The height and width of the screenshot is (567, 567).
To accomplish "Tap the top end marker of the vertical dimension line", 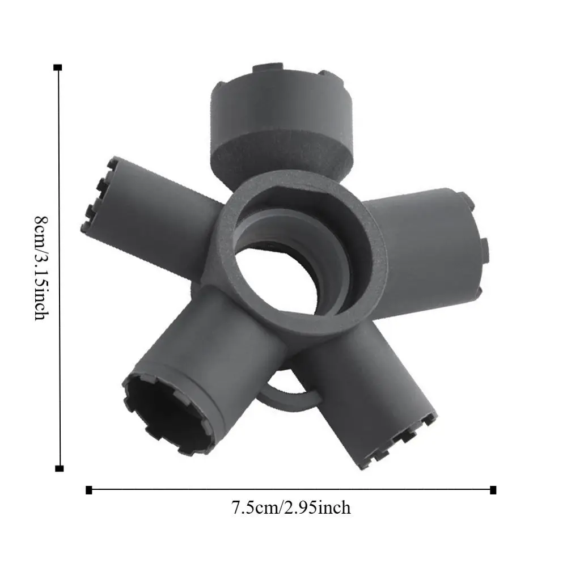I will (57, 67).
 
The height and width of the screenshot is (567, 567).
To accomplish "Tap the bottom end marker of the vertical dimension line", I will (59, 468).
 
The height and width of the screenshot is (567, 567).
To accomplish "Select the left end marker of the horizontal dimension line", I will (88, 490).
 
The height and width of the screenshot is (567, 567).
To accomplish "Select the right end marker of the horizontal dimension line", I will (493, 490).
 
